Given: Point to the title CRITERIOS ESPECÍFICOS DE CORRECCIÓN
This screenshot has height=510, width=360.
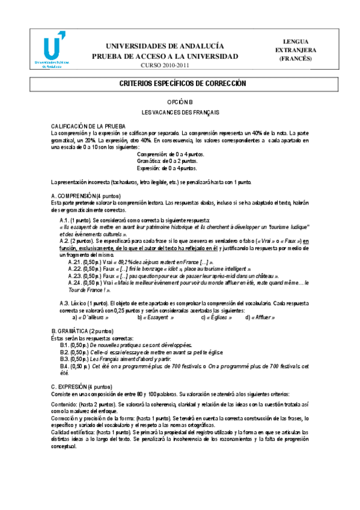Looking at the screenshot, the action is [180, 85].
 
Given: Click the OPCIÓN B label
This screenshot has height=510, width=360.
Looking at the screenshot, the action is [180, 103].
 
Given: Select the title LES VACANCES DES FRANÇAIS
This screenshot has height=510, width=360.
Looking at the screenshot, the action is [180, 112].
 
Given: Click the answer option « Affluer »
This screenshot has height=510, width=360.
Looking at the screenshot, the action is [262, 317].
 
